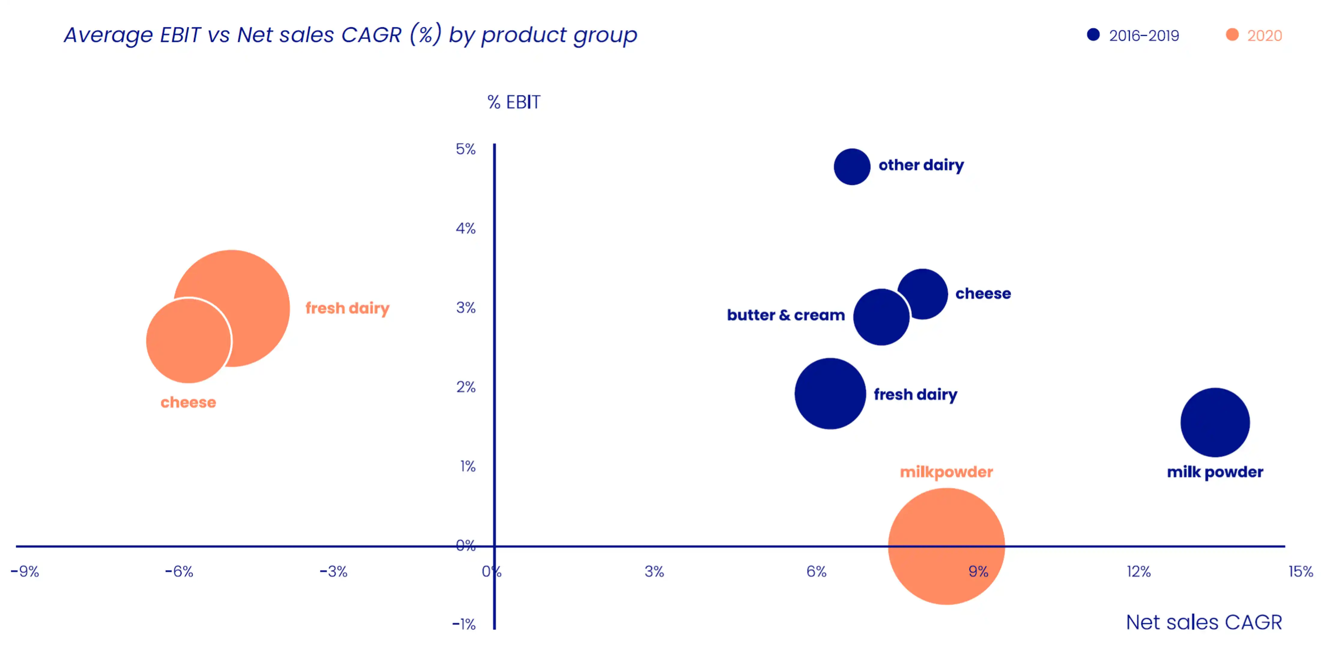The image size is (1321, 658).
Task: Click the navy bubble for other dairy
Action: pyautogui.click(x=852, y=167)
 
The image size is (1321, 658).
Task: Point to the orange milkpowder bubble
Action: pyautogui.click(x=946, y=546)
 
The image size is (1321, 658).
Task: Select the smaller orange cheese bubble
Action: pyautogui.click(x=188, y=341)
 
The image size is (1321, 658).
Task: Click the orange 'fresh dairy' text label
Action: pyautogui.click(x=347, y=308)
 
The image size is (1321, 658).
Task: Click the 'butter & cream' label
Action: pyautogui.click(x=786, y=315)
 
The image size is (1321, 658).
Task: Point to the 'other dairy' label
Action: pyautogui.click(x=921, y=165)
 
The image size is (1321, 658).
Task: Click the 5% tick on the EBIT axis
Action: pyautogui.click(x=466, y=149)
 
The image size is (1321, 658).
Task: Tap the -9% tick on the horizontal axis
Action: pyautogui.click(x=25, y=571)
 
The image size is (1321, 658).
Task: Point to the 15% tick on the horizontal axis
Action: pyautogui.click(x=1301, y=571)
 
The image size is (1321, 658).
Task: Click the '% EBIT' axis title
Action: pyautogui.click(x=513, y=102)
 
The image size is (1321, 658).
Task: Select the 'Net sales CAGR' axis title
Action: pyautogui.click(x=1204, y=622)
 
